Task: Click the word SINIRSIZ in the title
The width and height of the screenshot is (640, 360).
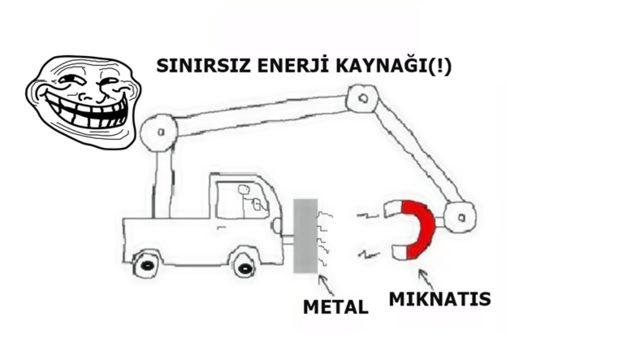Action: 204,66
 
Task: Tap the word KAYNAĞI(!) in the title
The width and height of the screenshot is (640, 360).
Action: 394,66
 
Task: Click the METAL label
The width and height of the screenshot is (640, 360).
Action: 336,307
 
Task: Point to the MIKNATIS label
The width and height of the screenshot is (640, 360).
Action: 440,299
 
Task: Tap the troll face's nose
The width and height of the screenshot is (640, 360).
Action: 87,96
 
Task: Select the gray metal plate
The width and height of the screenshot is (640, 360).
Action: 305,236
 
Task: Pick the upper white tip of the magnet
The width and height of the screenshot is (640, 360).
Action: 393,209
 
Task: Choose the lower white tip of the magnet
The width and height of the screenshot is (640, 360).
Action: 400,252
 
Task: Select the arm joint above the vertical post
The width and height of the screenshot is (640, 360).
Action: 159,133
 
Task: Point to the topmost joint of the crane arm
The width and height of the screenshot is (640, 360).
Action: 362,98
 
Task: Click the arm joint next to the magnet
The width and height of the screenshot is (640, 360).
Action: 460,218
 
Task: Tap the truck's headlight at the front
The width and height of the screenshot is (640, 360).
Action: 277,226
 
